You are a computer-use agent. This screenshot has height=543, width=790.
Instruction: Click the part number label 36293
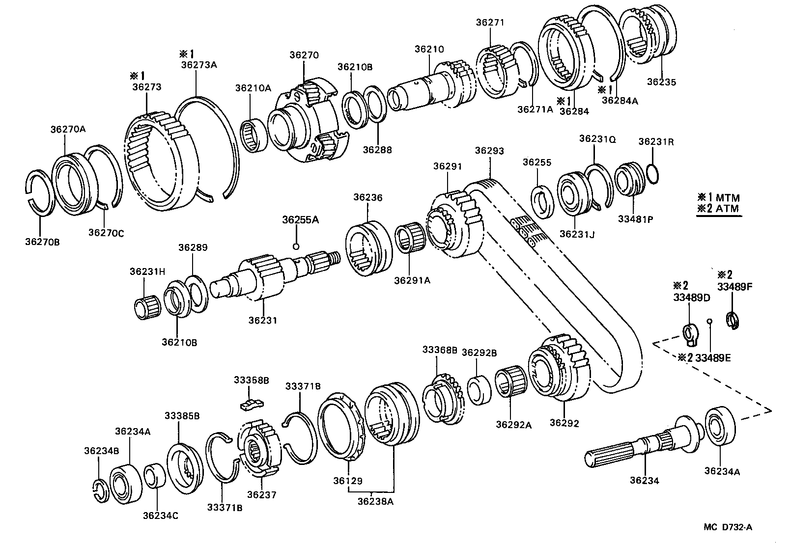[489, 151]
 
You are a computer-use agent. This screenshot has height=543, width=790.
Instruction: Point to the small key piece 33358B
[252, 403]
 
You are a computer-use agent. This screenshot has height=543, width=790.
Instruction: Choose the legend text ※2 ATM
[718, 208]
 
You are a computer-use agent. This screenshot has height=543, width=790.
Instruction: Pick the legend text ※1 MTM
[718, 198]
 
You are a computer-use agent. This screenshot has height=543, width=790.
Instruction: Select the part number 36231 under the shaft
[262, 321]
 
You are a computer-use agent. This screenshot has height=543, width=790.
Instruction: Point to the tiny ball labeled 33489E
[709, 322]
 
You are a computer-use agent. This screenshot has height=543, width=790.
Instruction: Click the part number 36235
[661, 82]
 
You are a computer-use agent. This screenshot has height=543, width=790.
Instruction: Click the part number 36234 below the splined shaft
[644, 481]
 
